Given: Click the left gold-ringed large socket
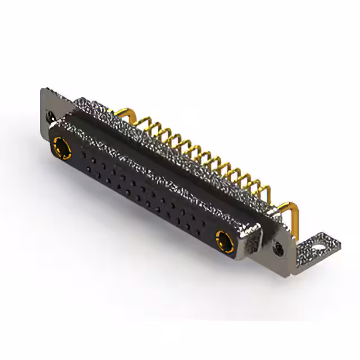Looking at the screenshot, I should tap(61, 148).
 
